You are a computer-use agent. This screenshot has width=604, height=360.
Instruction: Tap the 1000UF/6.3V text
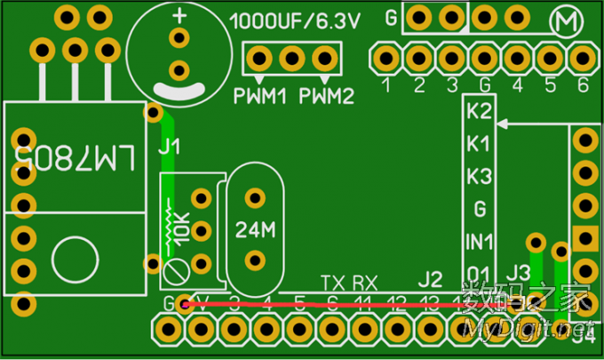click(x=296, y=22)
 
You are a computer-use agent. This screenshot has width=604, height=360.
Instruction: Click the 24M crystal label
click(x=256, y=229)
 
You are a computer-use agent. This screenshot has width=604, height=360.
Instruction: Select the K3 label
click(x=479, y=175)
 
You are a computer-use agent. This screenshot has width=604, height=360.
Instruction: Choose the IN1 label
click(x=479, y=240)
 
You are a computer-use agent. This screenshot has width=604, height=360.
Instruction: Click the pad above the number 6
click(x=582, y=58)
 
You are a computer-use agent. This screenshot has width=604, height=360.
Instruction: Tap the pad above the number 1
click(x=386, y=58)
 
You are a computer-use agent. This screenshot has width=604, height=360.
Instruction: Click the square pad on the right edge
click(x=584, y=237)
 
